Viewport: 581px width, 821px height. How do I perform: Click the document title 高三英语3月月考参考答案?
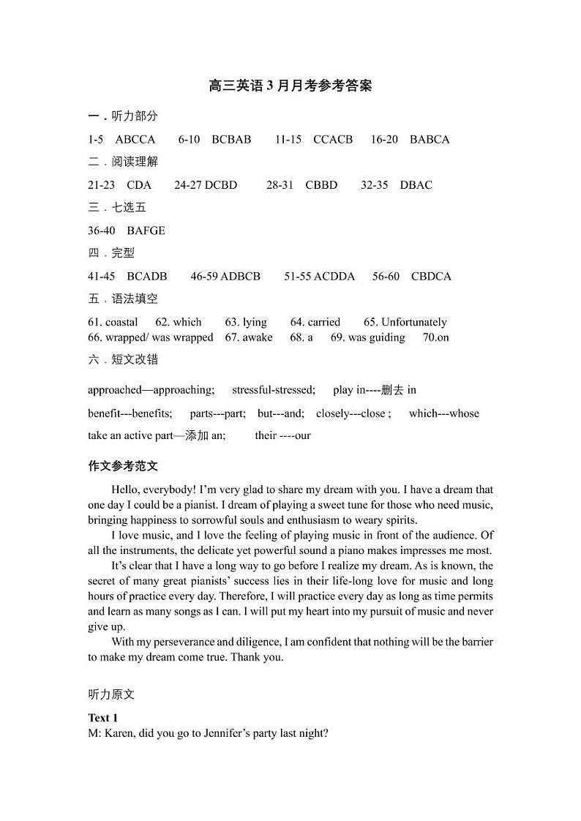pyautogui.click(x=290, y=86)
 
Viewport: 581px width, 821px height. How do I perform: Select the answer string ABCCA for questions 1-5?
pyautogui.click(x=135, y=139)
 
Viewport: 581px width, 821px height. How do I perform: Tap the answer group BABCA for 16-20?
pyautogui.click(x=430, y=139)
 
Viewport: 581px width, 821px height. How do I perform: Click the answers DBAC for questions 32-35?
pyautogui.click(x=416, y=185)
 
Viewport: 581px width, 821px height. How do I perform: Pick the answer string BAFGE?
pyautogui.click(x=146, y=230)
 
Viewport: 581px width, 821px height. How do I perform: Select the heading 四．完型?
pyautogui.click(x=111, y=253)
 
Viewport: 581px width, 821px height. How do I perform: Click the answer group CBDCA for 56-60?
pyautogui.click(x=431, y=277)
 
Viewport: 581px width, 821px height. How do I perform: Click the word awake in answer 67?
pyautogui.click(x=258, y=337)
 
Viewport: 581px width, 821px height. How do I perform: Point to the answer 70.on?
pyautogui.click(x=436, y=337)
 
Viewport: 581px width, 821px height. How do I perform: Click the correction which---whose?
pyautogui.click(x=444, y=413)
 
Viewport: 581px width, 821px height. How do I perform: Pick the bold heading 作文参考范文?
pyautogui.click(x=123, y=466)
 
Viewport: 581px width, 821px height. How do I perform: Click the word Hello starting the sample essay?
pyautogui.click(x=126, y=490)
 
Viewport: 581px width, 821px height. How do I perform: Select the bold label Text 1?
pyautogui.click(x=102, y=718)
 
